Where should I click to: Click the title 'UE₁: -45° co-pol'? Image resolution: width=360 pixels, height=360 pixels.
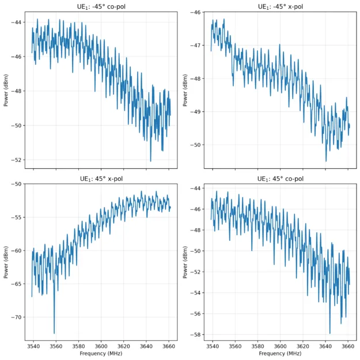(x=101, y=6)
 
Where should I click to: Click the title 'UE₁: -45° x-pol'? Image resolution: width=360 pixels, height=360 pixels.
(x=281, y=6)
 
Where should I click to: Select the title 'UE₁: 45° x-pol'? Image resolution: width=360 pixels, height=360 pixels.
(x=101, y=179)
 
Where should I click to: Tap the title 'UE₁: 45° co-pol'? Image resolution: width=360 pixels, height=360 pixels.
(x=281, y=179)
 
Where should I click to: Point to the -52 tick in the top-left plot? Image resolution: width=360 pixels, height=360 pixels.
(x=17, y=160)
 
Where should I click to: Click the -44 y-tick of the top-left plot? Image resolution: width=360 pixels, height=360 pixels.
(x=17, y=22)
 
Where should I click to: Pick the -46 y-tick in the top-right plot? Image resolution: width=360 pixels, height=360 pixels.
(x=196, y=12)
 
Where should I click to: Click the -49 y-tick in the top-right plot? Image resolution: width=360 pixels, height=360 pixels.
(x=196, y=112)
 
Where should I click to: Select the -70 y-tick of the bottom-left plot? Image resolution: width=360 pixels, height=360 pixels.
(x=17, y=317)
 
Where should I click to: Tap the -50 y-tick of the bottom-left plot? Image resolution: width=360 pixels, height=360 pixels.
(x=17, y=184)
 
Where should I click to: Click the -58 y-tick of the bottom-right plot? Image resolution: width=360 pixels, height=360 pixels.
(x=196, y=335)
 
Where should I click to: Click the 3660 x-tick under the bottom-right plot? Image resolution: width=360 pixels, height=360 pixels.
(x=348, y=346)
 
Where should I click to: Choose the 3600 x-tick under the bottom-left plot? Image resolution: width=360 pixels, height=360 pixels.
(x=101, y=346)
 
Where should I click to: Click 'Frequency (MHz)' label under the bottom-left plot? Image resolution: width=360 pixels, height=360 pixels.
(x=101, y=354)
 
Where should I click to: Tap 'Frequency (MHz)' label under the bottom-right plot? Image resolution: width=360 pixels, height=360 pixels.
(x=281, y=354)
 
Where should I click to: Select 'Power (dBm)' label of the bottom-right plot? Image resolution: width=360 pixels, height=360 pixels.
(x=185, y=262)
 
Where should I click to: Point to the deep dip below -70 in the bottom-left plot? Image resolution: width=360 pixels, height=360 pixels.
(x=55, y=333)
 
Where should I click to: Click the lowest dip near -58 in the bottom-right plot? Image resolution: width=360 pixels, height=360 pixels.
(x=330, y=333)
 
